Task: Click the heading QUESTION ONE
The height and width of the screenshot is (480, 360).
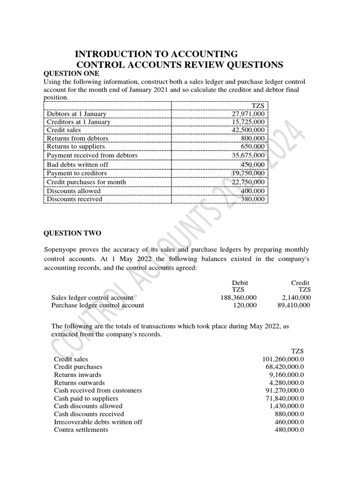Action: pyautogui.click(x=71, y=74)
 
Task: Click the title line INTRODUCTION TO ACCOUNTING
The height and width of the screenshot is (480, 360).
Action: pyautogui.click(x=156, y=54)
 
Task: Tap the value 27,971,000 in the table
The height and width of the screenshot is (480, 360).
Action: pyautogui.click(x=248, y=114)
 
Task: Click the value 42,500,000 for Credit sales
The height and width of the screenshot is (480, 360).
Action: pyautogui.click(x=248, y=130)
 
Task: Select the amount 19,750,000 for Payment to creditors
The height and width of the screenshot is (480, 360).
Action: pyautogui.click(x=248, y=173)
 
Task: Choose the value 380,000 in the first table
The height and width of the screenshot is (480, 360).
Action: pyautogui.click(x=253, y=199)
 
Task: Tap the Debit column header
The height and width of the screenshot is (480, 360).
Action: pyautogui.click(x=240, y=283)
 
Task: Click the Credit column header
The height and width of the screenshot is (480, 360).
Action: pyautogui.click(x=300, y=283)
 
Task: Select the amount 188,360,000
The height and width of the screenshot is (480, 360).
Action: pyautogui.click(x=239, y=298)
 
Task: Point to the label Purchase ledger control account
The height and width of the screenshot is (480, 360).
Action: pyautogui.click(x=97, y=305)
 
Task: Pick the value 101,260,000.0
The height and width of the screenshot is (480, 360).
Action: pyautogui.click(x=283, y=359)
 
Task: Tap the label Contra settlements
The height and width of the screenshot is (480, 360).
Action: pyautogui.click(x=81, y=429)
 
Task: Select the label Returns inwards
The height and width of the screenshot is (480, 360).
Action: pyautogui.click(x=77, y=375)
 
